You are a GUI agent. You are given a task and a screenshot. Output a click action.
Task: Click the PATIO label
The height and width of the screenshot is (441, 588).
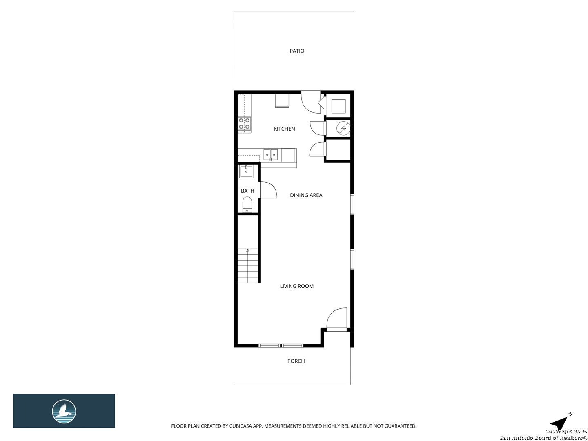click(x=297, y=51)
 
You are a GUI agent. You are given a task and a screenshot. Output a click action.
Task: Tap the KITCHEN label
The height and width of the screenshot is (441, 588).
click(x=284, y=129)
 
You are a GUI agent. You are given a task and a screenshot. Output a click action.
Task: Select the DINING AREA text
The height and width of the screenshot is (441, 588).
click(x=306, y=195)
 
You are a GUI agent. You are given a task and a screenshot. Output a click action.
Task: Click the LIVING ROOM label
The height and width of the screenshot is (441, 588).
click(x=296, y=286)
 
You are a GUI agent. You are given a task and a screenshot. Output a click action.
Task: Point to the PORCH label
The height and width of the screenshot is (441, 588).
click(x=296, y=361)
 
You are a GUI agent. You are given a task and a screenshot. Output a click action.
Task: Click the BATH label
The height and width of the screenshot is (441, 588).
click(x=247, y=191)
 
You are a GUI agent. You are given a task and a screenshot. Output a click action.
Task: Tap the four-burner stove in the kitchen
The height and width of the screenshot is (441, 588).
click(x=245, y=124)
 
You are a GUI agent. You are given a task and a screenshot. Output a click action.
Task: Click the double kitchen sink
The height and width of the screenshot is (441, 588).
click(x=270, y=154)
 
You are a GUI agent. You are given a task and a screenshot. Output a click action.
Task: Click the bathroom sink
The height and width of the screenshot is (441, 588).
click(x=247, y=171)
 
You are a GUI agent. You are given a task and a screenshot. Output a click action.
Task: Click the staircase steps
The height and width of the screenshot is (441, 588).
click(x=248, y=266)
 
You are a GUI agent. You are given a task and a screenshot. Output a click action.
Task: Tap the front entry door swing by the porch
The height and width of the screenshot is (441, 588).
click(x=337, y=318)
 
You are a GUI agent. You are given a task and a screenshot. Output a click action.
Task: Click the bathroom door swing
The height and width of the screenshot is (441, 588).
click(x=268, y=190)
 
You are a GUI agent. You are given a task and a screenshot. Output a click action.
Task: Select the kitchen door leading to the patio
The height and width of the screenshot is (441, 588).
click(x=310, y=102)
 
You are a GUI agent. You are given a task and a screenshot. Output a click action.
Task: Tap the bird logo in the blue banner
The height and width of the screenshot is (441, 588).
click(x=64, y=411)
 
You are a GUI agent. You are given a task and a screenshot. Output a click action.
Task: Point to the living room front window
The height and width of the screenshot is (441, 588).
click(x=281, y=346)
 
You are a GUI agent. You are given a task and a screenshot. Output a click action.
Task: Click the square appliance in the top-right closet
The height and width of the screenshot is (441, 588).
click(x=339, y=106)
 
